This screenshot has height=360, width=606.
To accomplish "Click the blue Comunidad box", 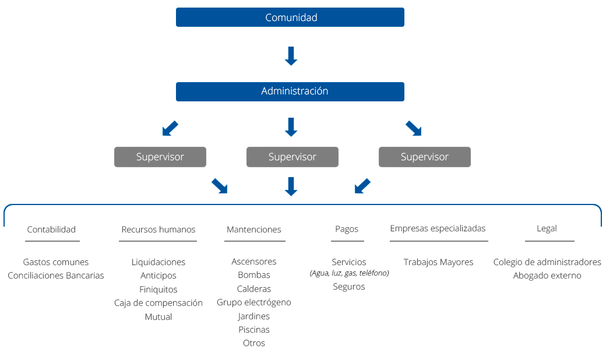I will (290, 17).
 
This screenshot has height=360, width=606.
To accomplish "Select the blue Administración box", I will (290, 91).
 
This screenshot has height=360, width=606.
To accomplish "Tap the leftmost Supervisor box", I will (160, 157).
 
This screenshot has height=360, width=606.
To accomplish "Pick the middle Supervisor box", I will (292, 157).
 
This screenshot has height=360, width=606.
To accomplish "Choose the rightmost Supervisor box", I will (424, 157).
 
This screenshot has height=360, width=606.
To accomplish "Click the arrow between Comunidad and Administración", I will (291, 56).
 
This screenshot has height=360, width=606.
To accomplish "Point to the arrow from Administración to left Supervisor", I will (170, 128).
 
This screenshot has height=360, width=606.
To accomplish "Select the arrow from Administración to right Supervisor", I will (413, 128).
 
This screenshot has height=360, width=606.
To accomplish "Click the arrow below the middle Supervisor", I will (291, 186).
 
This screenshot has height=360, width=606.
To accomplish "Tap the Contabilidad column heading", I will (51, 230).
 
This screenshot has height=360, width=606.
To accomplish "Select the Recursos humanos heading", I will (158, 230).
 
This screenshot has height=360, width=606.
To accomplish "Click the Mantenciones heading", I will (253, 230).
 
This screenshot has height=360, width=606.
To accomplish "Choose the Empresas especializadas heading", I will (438, 228).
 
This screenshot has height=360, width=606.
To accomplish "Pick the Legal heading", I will (547, 228).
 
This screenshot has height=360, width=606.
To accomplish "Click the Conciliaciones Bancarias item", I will (56, 276).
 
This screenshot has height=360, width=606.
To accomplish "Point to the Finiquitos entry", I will (158, 290).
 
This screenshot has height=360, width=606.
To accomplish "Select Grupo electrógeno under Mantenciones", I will (253, 302).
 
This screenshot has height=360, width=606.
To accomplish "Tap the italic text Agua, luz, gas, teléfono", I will (348, 273).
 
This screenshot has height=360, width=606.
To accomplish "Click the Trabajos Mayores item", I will (438, 262).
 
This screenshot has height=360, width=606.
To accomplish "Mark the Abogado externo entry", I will (547, 276).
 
